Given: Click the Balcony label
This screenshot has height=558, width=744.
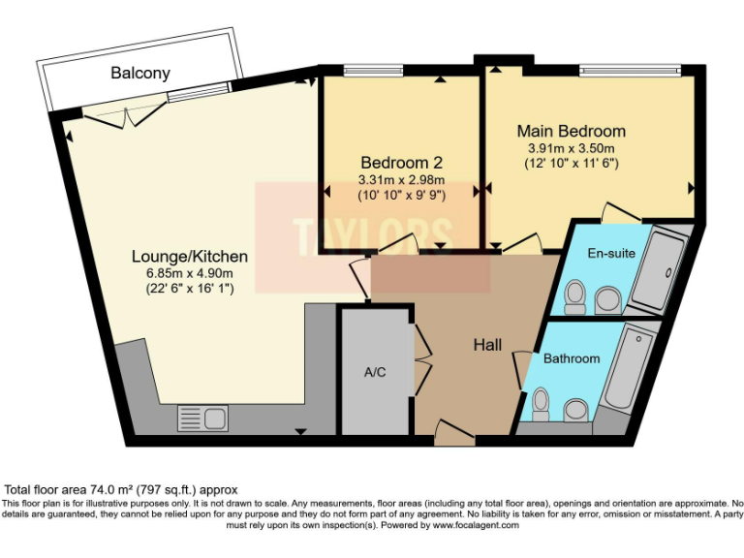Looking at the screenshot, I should (139, 73).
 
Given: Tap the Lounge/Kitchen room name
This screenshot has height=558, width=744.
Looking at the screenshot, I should (190, 257).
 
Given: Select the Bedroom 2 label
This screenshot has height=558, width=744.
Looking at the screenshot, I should (401, 162).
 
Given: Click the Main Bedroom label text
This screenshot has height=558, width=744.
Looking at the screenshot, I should (571, 131).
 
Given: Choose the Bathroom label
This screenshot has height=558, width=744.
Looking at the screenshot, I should (571, 358).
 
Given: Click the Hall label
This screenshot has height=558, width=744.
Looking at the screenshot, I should (487, 345).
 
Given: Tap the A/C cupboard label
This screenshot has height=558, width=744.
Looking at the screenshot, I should (375, 373).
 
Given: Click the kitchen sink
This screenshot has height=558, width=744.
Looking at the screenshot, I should (201, 418).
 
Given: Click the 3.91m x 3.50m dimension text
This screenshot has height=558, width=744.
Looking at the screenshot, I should (571, 147).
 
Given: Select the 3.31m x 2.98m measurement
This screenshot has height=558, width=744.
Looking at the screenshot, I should (401, 179).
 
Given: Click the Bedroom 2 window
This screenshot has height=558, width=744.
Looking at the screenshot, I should (361, 70).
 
